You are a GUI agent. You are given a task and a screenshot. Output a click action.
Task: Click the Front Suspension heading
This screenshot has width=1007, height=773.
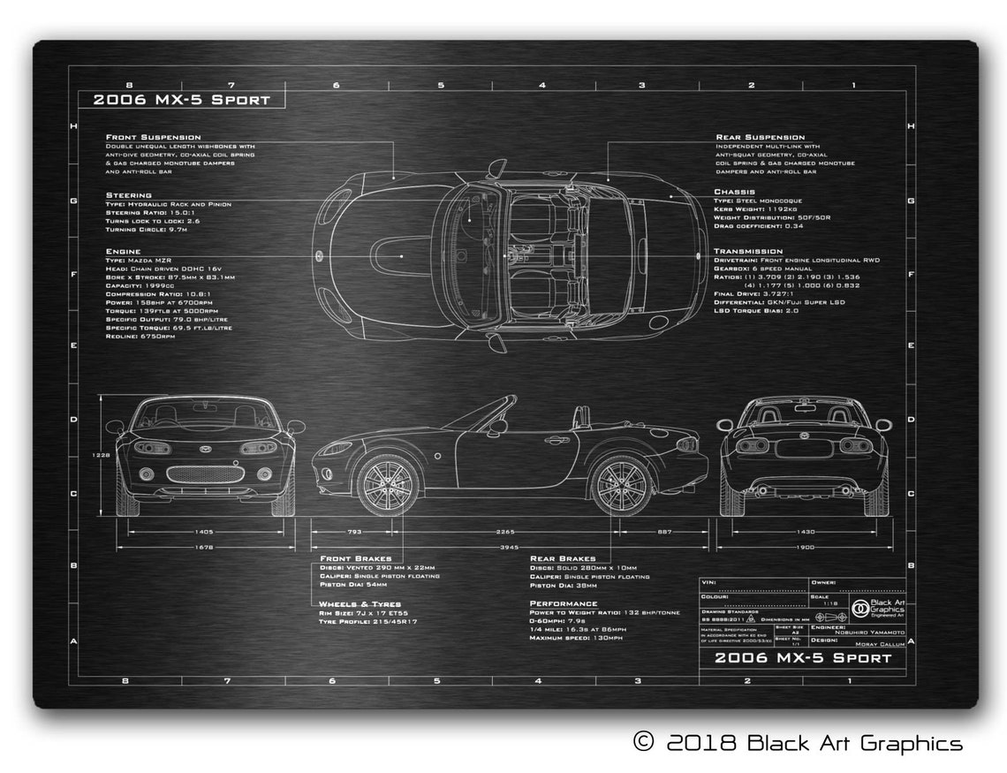pyautogui.click(x=153, y=137)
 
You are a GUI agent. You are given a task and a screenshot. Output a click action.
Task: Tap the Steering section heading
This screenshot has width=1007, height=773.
pyautogui.click(x=129, y=194)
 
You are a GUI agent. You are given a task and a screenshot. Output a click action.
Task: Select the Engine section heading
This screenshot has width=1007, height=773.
pyautogui.click(x=123, y=251)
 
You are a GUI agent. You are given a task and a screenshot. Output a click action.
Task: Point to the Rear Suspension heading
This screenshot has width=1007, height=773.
pyautogui.click(x=760, y=137)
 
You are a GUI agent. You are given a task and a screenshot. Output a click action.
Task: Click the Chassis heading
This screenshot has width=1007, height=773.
pyautogui.click(x=734, y=191)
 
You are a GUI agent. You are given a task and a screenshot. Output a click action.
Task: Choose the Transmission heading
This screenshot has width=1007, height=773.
pyautogui.click(x=748, y=251)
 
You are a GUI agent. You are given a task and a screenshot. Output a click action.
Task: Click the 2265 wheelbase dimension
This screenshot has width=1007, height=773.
pyautogui.click(x=506, y=532)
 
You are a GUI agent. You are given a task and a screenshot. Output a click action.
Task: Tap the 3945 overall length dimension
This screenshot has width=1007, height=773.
pyautogui.click(x=506, y=548)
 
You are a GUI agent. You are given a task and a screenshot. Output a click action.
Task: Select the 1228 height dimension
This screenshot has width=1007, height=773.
pyautogui.click(x=102, y=456)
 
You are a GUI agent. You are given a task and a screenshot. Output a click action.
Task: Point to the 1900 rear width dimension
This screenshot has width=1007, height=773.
pyautogui.click(x=805, y=548)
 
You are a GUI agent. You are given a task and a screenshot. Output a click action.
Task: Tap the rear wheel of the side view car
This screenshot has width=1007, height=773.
pyautogui.click(x=621, y=485)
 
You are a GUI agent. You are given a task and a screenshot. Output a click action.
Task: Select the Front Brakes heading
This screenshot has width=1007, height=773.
pyautogui.click(x=356, y=558)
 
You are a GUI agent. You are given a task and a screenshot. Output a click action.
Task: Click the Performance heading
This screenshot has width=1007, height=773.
pyautogui.click(x=563, y=603)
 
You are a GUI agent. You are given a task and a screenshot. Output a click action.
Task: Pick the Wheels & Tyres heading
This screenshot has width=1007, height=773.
pyautogui.click(x=360, y=604)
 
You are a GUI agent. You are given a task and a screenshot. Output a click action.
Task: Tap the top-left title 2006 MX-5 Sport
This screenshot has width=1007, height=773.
pyautogui.click(x=181, y=100)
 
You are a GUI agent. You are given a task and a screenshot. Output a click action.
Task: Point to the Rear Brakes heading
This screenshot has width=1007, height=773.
pyautogui.click(x=563, y=558)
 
